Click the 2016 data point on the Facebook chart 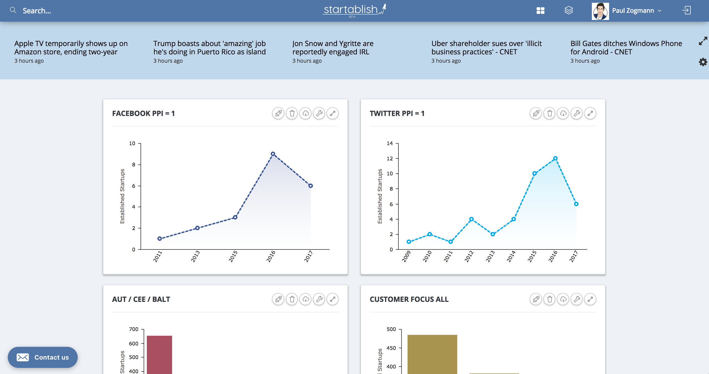click(x=273, y=154)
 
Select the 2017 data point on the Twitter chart click(x=576, y=204)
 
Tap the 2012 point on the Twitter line click(x=471, y=219)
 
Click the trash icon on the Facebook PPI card click(x=292, y=113)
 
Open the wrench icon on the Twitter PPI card click(x=577, y=113)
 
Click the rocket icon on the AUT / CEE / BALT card click(x=278, y=299)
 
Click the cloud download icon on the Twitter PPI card click(x=563, y=113)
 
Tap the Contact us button click(x=43, y=357)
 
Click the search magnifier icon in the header click(x=13, y=10)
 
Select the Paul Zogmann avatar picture click(x=600, y=11)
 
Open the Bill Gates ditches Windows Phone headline click(x=626, y=47)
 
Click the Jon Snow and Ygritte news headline click(x=333, y=47)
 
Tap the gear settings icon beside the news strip click(x=703, y=62)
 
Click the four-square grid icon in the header click(x=540, y=11)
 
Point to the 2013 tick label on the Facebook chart click(x=195, y=256)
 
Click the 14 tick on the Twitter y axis click(x=389, y=143)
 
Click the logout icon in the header click(x=687, y=11)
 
